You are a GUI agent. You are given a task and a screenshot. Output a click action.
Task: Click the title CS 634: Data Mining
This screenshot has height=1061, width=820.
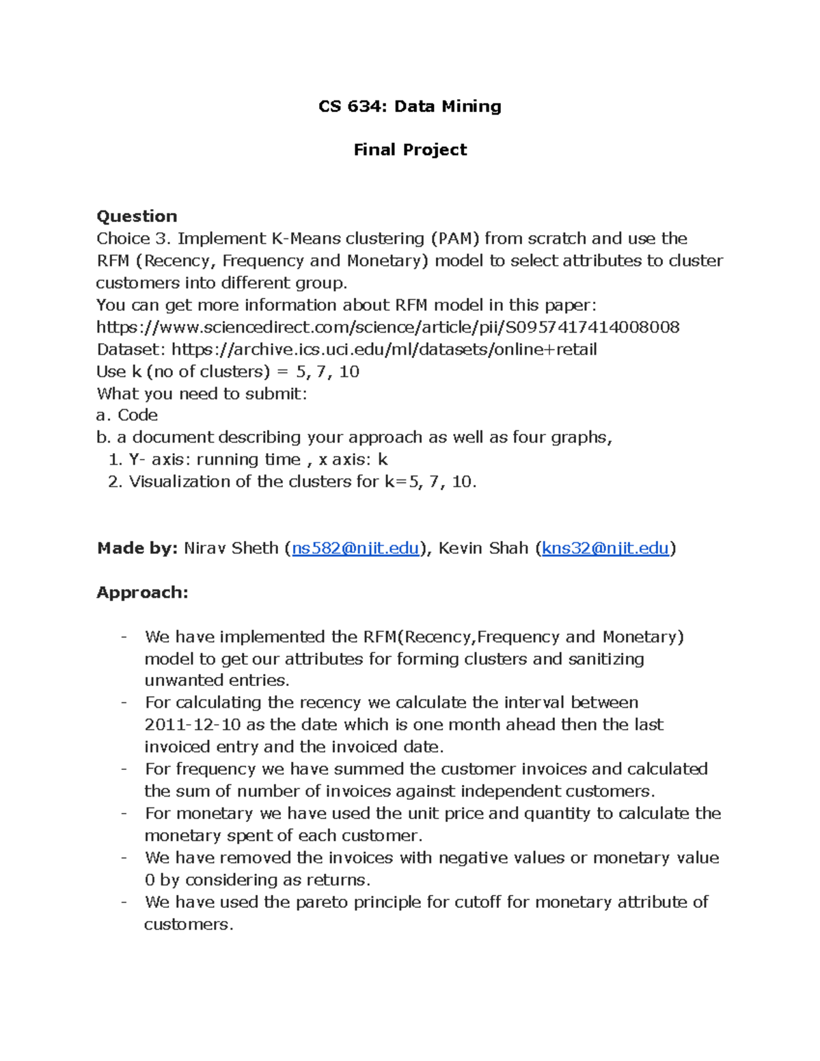[410, 106]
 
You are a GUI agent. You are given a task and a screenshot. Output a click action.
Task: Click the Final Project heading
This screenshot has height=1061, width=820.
[410, 150]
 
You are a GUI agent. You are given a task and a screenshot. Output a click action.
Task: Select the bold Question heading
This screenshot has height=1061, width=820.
[137, 217]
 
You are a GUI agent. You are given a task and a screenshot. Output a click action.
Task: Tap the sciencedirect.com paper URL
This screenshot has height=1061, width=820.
[387, 327]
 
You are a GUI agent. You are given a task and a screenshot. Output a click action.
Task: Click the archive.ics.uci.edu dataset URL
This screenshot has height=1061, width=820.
[383, 350]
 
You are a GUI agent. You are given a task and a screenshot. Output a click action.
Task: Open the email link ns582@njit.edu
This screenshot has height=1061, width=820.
[355, 549]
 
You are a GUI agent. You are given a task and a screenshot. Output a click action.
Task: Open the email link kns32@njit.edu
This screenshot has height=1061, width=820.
[605, 549]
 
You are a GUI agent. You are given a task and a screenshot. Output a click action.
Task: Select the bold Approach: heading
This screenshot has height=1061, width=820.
[142, 592]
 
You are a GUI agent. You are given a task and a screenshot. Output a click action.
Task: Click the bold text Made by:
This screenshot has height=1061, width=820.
[137, 549]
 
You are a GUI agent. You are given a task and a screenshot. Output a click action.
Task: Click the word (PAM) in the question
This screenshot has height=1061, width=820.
[454, 238]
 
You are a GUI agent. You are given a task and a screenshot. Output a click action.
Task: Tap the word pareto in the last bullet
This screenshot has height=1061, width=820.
[321, 902]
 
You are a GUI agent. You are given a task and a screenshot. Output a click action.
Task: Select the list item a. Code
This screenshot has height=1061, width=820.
[127, 415]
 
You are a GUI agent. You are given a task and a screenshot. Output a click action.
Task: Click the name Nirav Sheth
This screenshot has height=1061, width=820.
[231, 549]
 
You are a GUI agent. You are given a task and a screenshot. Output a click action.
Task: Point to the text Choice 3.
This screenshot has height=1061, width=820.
[134, 238]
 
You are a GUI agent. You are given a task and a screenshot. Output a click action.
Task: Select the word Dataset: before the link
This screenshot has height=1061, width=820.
[131, 350]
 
